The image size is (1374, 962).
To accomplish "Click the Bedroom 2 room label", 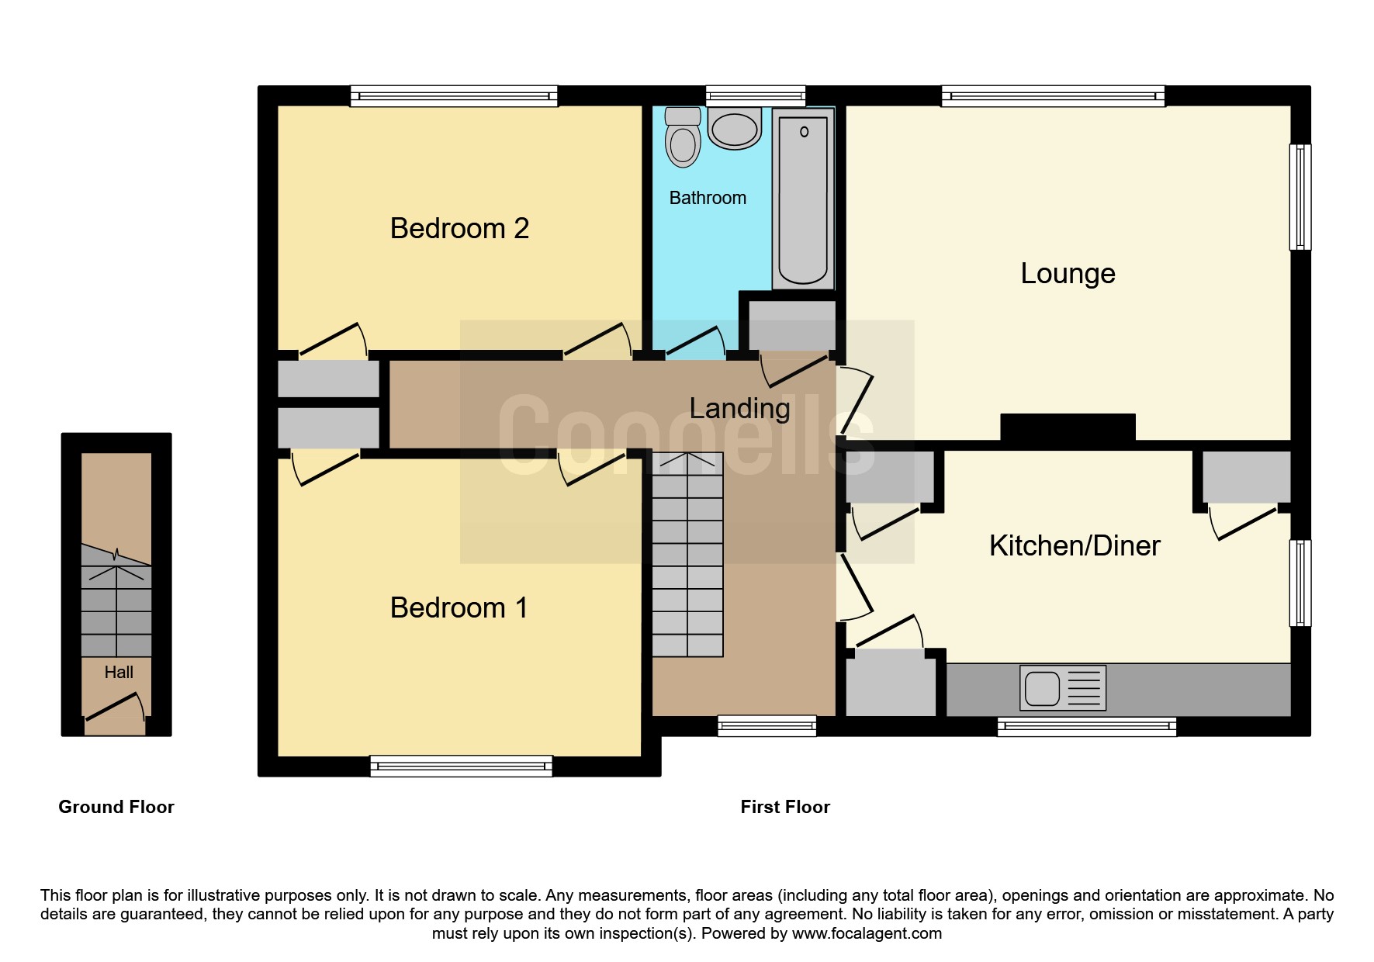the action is click(459, 229).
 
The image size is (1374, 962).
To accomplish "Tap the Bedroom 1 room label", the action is click(459, 607).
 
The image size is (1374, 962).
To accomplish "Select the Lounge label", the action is click(1068, 274).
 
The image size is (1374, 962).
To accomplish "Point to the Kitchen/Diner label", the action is click(1075, 546).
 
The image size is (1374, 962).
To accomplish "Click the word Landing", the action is click(739, 409).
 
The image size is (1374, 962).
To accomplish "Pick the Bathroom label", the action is click(708, 198).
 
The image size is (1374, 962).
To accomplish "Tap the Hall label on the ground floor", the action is click(119, 673).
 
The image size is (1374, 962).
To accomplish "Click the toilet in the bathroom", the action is click(683, 137).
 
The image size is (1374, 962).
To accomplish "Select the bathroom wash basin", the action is click(734, 129).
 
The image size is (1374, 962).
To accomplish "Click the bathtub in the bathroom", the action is click(803, 199).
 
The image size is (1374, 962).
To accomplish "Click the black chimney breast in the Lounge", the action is click(1068, 427).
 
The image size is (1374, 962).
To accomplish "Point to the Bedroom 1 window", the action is click(461, 766).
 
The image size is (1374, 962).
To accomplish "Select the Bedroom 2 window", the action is click(454, 95).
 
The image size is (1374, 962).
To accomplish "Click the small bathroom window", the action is click(756, 95).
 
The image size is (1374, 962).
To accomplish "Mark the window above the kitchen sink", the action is click(1086, 726).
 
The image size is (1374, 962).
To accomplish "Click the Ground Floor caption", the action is click(116, 807).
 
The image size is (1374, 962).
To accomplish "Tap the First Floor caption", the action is click(785, 807).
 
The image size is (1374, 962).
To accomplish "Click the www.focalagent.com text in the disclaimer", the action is click(867, 933).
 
